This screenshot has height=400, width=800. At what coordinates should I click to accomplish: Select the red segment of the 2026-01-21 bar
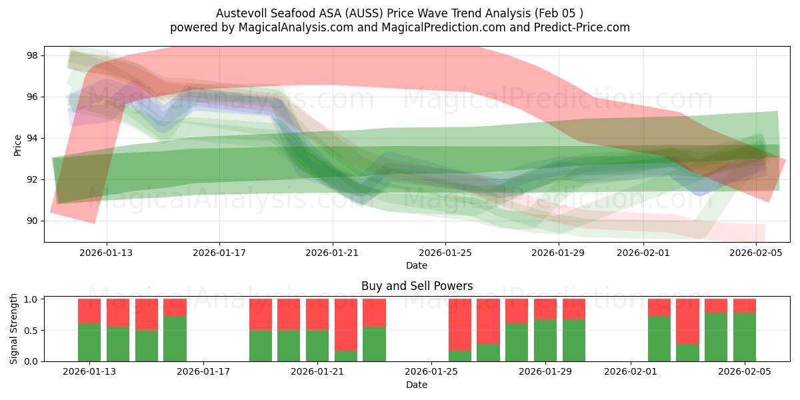[317, 314]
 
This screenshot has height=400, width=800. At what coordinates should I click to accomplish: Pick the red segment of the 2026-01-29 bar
[545, 309]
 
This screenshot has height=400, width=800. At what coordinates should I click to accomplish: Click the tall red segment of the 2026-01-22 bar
[346, 324]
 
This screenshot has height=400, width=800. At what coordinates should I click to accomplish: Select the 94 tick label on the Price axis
[31, 138]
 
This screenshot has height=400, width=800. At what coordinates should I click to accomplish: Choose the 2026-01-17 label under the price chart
[220, 253]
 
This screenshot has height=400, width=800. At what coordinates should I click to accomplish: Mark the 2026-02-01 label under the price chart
[644, 253]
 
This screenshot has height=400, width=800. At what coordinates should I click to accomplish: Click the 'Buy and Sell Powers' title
[417, 286]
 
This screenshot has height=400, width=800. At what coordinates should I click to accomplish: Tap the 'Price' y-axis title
[17, 145]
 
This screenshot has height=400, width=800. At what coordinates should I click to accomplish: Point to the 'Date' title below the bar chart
[417, 385]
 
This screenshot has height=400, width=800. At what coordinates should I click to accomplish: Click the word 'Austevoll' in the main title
[238, 13]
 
